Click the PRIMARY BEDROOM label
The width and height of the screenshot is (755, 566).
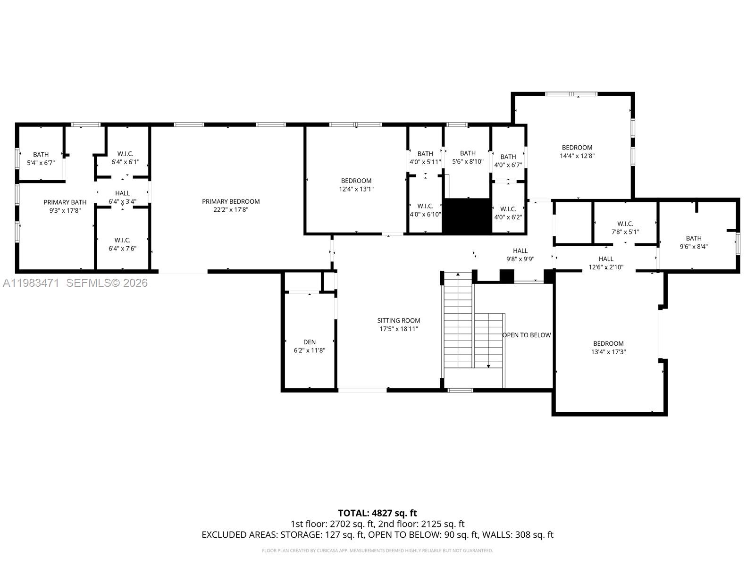(x=231, y=201)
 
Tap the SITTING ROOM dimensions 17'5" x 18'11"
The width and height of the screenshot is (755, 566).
(x=399, y=329)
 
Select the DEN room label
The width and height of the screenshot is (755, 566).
(x=310, y=342)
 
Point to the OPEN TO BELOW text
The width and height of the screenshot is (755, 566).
(x=527, y=335)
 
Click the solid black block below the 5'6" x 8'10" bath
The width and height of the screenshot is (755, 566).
(x=467, y=216)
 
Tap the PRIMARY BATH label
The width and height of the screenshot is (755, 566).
(x=65, y=202)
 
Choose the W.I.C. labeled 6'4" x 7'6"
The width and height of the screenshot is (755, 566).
(x=122, y=244)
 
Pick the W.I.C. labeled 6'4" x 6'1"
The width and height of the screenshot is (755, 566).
(x=125, y=158)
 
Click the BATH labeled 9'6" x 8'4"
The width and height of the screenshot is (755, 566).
(x=694, y=242)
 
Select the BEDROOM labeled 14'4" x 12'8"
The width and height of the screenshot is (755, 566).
(x=577, y=151)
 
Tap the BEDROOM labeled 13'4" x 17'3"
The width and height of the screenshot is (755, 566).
(x=608, y=347)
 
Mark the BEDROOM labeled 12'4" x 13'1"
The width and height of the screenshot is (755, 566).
(x=356, y=184)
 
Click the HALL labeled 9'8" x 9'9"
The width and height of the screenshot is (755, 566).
(x=520, y=254)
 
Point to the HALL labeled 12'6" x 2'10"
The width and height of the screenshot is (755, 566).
(x=606, y=263)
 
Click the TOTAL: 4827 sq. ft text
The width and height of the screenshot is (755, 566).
(x=377, y=513)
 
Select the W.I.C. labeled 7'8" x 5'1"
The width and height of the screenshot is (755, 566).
(x=625, y=227)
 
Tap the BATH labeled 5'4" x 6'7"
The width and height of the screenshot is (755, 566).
(x=41, y=158)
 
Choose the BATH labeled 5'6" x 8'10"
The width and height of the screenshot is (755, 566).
(x=468, y=157)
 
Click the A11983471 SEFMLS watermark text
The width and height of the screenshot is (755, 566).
(x=75, y=283)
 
